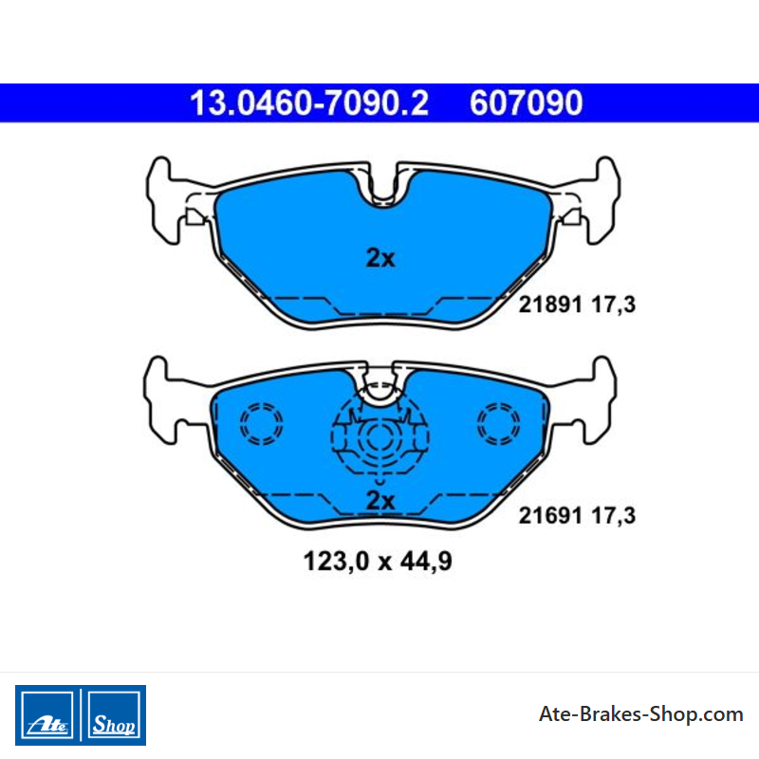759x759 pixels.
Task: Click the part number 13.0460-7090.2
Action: [x=309, y=103]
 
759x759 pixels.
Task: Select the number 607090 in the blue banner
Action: [x=527, y=103]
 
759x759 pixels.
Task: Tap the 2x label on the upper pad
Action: [x=380, y=258]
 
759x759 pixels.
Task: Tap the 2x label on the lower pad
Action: [x=380, y=501]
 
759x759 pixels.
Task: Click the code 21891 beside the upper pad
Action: [x=550, y=305]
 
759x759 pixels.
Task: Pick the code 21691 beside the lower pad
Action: [x=550, y=515]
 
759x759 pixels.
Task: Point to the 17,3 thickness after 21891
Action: [x=613, y=305]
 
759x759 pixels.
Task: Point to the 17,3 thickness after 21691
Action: [x=613, y=516]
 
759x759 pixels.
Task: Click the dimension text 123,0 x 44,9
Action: [x=378, y=562]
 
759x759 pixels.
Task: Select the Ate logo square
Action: [x=46, y=715]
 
